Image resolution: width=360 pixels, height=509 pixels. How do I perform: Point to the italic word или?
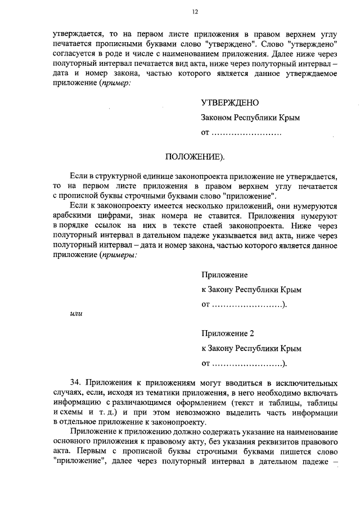(x=75, y=314)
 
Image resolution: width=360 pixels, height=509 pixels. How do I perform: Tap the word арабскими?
(x=73, y=215)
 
